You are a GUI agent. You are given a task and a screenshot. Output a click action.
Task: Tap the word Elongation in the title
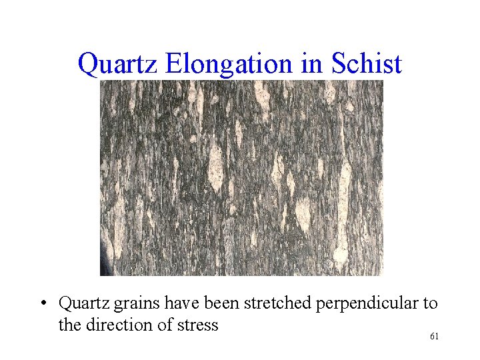(x=229, y=65)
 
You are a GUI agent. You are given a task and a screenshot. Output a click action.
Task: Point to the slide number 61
(x=434, y=337)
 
